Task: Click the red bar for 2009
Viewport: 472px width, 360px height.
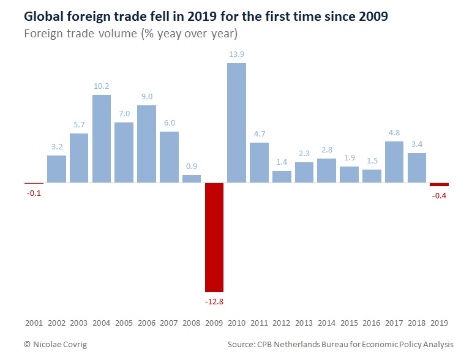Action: [214, 237]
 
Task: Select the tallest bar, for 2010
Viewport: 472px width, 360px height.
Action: [236, 122]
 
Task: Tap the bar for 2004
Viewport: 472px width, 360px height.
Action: [102, 138]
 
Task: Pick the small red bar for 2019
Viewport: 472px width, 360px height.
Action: [439, 184]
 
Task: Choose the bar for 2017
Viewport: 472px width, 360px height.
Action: [394, 162]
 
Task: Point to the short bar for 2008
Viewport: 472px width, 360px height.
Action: [192, 179]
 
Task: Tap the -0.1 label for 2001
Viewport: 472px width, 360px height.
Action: [34, 193]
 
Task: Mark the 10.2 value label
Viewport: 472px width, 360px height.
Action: [102, 86]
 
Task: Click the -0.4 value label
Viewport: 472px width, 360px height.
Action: [439, 196]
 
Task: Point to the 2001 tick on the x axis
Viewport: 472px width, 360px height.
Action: [34, 322]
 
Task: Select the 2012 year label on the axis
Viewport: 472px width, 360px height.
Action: [282, 322]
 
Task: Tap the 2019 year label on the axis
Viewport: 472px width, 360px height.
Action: [439, 322]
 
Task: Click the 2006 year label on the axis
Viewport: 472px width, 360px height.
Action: [146, 322]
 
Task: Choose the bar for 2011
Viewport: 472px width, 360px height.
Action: [259, 162]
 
